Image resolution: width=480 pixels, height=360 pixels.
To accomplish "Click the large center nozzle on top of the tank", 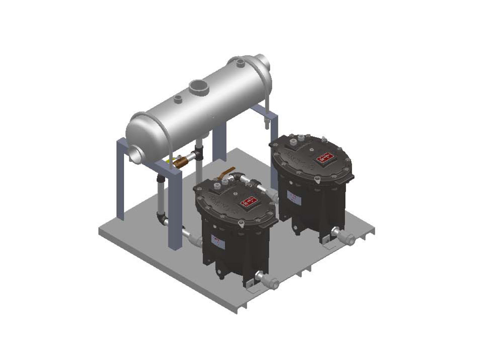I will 198,87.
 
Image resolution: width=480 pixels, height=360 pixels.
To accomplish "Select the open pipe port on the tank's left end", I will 136,154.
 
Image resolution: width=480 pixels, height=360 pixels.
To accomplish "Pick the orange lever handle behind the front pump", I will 229,171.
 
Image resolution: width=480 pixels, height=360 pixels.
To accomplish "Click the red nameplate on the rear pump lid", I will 325,158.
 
